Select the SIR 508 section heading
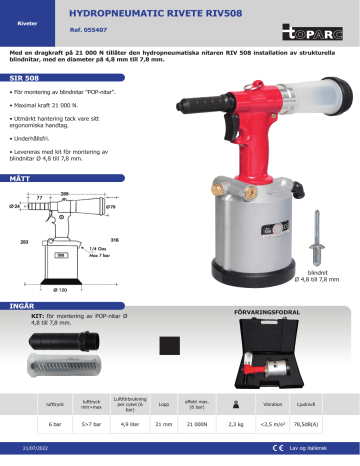coord(23,76)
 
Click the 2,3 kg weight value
coord(236,425)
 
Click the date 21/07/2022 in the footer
coord(36,456)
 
